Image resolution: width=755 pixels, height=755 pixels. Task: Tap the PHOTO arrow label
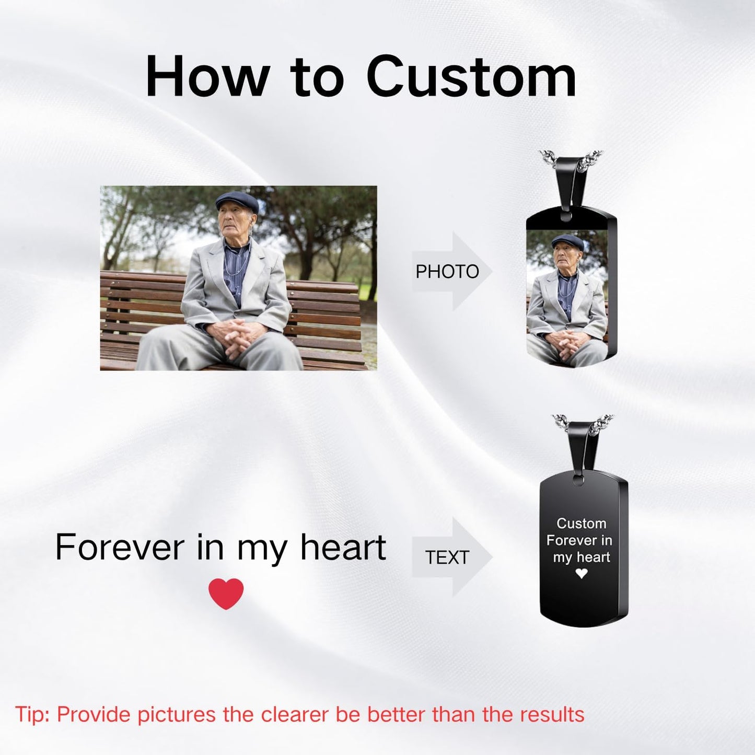[447, 272]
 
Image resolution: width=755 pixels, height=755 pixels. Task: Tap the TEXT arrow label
[447, 557]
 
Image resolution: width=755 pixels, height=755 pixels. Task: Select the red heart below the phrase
[226, 594]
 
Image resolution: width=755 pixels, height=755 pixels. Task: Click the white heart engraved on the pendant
[581, 573]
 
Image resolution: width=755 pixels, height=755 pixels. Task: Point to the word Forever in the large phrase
[120, 548]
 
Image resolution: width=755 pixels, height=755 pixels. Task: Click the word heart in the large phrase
[343, 548]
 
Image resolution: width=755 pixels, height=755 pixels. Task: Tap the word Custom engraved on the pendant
[581, 523]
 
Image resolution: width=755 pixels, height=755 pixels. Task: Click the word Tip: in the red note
[32, 714]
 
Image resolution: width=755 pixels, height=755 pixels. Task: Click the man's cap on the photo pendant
[567, 241]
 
